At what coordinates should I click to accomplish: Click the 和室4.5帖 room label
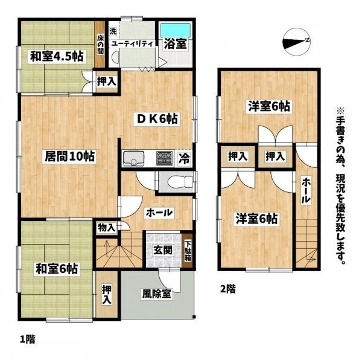[57, 56]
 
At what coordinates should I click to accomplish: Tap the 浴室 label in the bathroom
[176, 43]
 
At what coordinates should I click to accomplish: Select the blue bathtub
[176, 30]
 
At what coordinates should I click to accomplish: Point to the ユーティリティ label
[132, 44]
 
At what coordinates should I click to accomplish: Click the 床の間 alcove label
[100, 45]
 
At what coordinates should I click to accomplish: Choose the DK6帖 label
[156, 120]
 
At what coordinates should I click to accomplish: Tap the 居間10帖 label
[69, 156]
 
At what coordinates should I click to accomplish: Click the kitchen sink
[134, 158]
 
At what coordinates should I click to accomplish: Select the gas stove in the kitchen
[165, 158]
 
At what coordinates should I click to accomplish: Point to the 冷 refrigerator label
[185, 159]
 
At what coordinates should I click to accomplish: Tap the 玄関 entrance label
[163, 250]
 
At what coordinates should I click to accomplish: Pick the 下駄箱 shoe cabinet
[188, 251]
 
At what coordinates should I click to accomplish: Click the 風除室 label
[156, 294]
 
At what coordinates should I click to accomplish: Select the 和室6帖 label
[57, 269]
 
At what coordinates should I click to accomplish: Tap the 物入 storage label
[106, 228]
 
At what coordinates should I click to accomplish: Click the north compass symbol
[296, 42]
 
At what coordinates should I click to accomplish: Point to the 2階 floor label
[228, 289]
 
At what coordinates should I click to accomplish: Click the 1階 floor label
[28, 339]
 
